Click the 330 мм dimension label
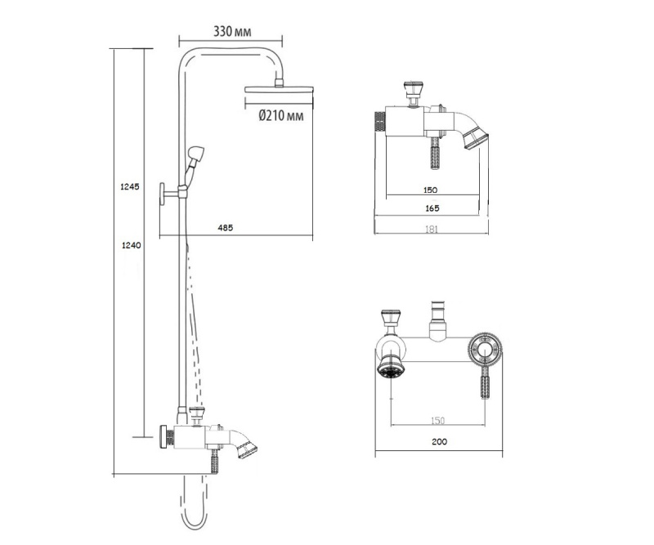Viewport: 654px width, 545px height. (x=232, y=32)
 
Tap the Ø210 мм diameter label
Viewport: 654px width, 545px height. (x=281, y=115)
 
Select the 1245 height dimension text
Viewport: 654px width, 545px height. (x=130, y=187)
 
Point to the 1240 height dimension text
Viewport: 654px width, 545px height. (x=131, y=246)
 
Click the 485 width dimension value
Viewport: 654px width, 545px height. (x=226, y=228)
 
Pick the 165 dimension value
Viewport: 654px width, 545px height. (x=432, y=208)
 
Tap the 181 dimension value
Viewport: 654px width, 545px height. (x=432, y=229)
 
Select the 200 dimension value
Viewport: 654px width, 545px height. (x=439, y=441)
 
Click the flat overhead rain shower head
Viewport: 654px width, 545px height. (x=279, y=89)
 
